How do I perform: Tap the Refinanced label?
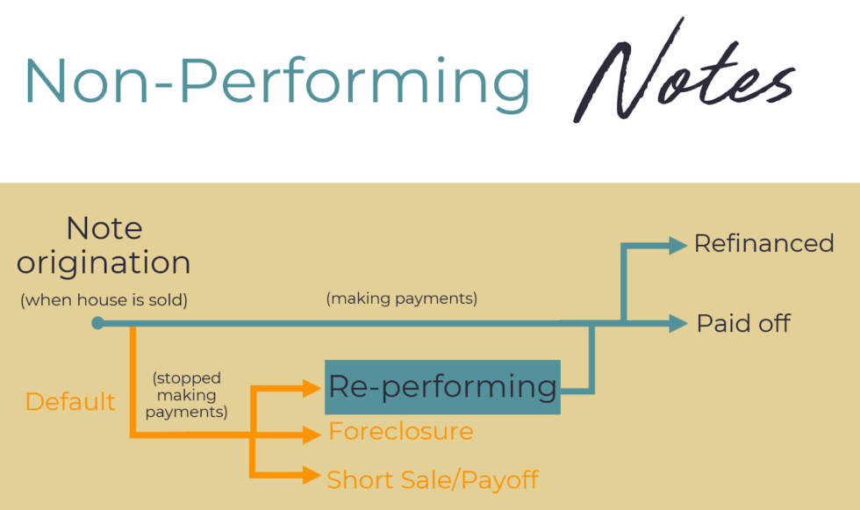click(763, 244)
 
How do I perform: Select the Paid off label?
click(743, 324)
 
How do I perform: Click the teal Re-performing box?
click(442, 387)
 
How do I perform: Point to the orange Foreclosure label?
click(400, 432)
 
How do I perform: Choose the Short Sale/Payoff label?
click(432, 480)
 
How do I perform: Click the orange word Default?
click(70, 402)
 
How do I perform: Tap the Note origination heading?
click(104, 246)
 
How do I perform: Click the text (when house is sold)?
click(104, 300)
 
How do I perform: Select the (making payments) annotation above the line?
click(402, 299)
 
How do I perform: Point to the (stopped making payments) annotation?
click(187, 395)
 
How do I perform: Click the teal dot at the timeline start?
click(97, 323)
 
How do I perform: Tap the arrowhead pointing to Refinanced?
click(677, 246)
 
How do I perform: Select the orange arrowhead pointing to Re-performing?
click(312, 387)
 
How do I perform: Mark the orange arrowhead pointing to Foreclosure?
click(312, 433)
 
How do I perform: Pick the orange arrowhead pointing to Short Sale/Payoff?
click(311, 476)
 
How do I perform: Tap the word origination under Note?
click(104, 262)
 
